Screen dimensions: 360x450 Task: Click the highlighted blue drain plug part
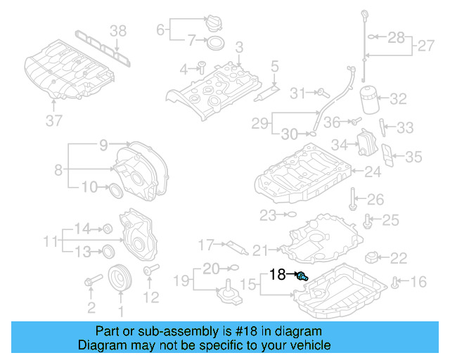tap(302, 276)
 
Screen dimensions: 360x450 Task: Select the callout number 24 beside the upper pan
tap(372, 171)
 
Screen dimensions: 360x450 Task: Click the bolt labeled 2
tap(89, 283)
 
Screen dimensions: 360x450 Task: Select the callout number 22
tap(398, 258)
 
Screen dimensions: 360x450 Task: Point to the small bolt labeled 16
tap(395, 283)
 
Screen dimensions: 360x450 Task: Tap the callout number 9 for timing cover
tap(103, 146)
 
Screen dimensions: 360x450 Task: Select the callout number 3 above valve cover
tap(239, 47)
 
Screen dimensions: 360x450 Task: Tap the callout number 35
tap(413, 157)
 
